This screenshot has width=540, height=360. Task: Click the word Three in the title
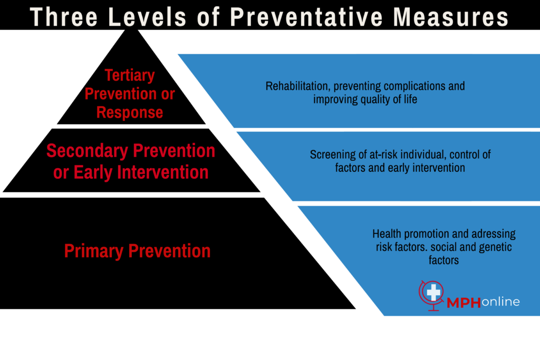(64, 17)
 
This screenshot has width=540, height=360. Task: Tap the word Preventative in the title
(306, 17)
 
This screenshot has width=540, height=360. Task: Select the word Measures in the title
(451, 17)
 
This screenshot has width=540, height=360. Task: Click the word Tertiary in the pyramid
(130, 76)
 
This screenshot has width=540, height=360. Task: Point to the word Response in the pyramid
(130, 113)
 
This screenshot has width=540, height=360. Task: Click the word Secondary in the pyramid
(87, 151)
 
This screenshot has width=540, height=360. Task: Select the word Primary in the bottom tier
(94, 251)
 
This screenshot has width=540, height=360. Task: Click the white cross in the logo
(433, 293)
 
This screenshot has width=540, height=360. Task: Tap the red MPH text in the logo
(464, 303)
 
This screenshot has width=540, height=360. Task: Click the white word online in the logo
(500, 302)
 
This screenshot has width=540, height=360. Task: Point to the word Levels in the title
(147, 17)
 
